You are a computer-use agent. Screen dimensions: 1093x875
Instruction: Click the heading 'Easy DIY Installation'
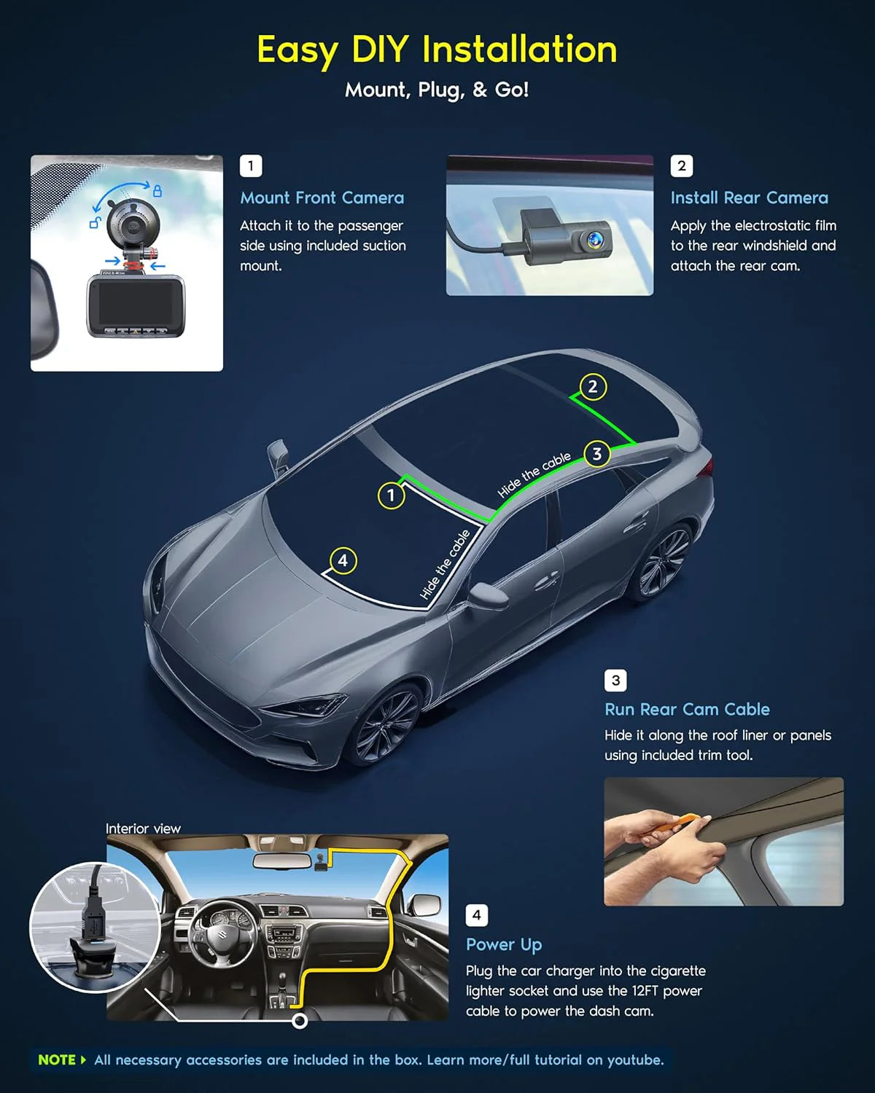click(437, 50)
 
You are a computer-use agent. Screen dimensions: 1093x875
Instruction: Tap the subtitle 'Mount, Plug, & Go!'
click(437, 90)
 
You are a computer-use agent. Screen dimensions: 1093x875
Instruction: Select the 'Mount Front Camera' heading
click(322, 197)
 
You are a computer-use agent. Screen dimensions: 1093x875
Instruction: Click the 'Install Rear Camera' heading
click(749, 197)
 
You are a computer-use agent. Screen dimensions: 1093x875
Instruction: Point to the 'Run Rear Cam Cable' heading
click(687, 709)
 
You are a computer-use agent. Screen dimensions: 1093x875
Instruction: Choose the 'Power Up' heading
click(504, 944)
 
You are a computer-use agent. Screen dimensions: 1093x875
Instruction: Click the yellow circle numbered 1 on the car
click(391, 496)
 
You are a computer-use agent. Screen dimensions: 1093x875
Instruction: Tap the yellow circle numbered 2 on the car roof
click(592, 387)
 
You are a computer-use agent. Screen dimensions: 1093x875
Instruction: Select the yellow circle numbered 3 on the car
click(597, 454)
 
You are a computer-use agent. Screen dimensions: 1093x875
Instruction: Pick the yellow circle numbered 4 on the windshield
click(343, 561)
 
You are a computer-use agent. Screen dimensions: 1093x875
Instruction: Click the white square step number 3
click(615, 681)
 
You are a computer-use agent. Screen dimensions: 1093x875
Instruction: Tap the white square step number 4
click(476, 915)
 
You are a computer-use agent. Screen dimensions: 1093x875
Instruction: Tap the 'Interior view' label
click(143, 828)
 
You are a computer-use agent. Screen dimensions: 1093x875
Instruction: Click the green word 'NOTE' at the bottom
click(57, 1059)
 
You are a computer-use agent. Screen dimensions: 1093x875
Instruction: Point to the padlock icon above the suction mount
click(157, 191)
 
